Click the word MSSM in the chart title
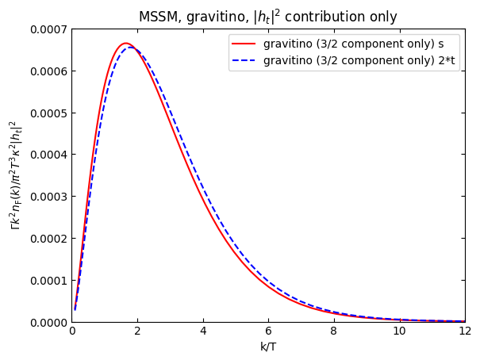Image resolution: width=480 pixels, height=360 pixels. (156, 17)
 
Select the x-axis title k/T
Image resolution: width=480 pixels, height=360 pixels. (268, 347)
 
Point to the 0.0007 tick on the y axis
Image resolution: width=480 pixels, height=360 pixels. (47, 29)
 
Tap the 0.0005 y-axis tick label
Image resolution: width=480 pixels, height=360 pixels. (47, 113)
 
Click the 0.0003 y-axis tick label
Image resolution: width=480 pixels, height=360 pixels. (47, 197)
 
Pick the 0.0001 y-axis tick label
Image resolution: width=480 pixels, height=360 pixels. (47, 280)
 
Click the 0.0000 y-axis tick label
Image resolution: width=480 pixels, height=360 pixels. (47, 322)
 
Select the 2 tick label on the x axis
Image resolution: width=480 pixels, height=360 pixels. (137, 331)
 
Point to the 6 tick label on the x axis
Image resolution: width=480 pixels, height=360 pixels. (268, 331)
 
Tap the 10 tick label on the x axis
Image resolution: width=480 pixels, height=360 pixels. (399, 331)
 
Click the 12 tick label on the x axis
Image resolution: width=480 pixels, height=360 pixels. (465, 331)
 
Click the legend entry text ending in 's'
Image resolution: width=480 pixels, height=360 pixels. (354, 44)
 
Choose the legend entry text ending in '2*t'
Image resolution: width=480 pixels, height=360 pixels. (359, 60)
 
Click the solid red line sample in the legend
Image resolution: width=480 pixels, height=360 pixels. (245, 44)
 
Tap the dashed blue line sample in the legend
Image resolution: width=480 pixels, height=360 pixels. (245, 60)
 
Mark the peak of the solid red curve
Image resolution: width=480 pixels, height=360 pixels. (125, 43)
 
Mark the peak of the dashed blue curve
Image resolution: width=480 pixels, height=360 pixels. (132, 48)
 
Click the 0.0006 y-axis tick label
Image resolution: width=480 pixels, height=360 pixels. (47, 71)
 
